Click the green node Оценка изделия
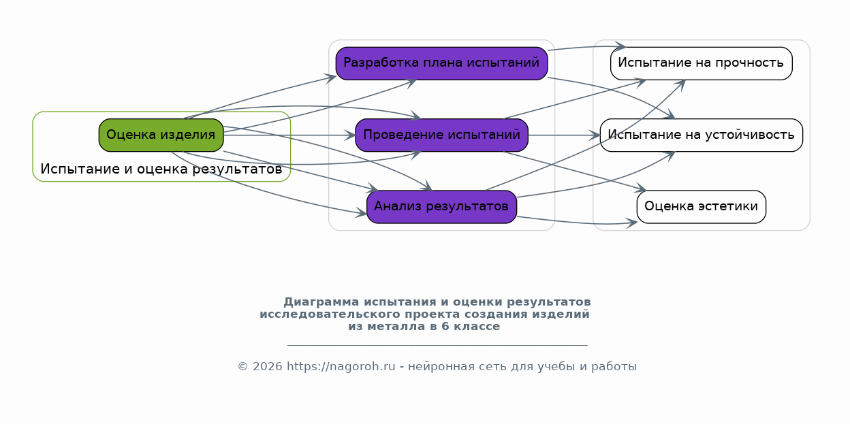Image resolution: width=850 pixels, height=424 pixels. tap(161, 135)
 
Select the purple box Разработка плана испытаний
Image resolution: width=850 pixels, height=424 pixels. tap(441, 63)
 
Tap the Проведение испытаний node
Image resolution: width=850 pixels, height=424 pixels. tap(441, 135)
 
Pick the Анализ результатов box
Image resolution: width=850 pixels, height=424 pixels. tap(441, 206)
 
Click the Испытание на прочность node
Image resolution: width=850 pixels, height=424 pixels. tap(701, 63)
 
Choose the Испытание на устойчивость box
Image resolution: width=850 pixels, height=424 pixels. tap(701, 135)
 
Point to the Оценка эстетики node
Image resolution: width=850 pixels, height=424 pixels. tap(701, 206)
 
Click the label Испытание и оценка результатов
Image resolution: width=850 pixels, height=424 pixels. tap(161, 169)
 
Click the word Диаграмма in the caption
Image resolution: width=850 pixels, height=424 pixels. tap(321, 301)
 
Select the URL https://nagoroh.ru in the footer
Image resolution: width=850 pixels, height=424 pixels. tap(341, 367)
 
